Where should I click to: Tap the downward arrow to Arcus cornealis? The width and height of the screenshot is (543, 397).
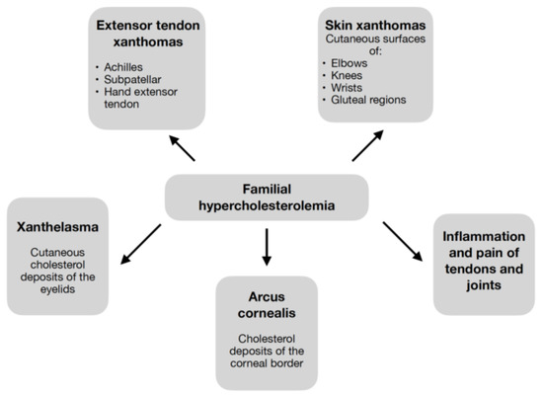pos(266,247)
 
